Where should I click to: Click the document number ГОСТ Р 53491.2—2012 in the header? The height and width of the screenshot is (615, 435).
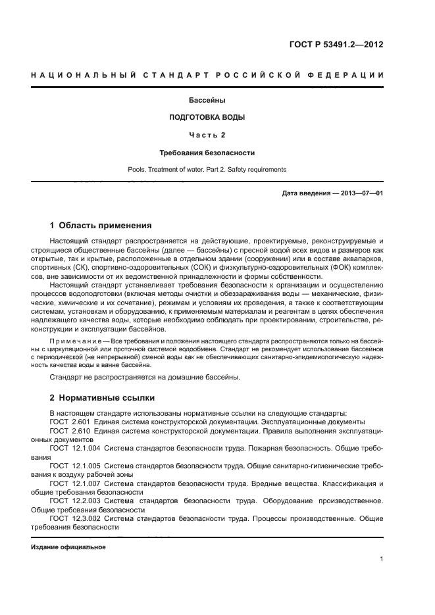pyautogui.click(x=336, y=45)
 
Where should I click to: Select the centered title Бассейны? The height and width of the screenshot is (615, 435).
pyautogui.click(x=207, y=101)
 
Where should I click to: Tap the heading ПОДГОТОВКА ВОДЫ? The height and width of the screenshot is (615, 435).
pyautogui.click(x=207, y=118)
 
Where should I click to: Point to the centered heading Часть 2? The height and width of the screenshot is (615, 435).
pyautogui.click(x=207, y=135)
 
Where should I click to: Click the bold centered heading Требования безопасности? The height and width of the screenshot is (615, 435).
pyautogui.click(x=207, y=153)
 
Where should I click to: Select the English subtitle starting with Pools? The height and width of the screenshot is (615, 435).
pyautogui.click(x=207, y=169)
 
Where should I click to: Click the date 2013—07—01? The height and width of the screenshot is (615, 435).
pyautogui.click(x=359, y=193)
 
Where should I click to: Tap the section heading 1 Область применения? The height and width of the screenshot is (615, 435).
pyautogui.click(x=101, y=225)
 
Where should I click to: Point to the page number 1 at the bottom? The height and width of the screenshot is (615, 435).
pyautogui.click(x=381, y=559)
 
